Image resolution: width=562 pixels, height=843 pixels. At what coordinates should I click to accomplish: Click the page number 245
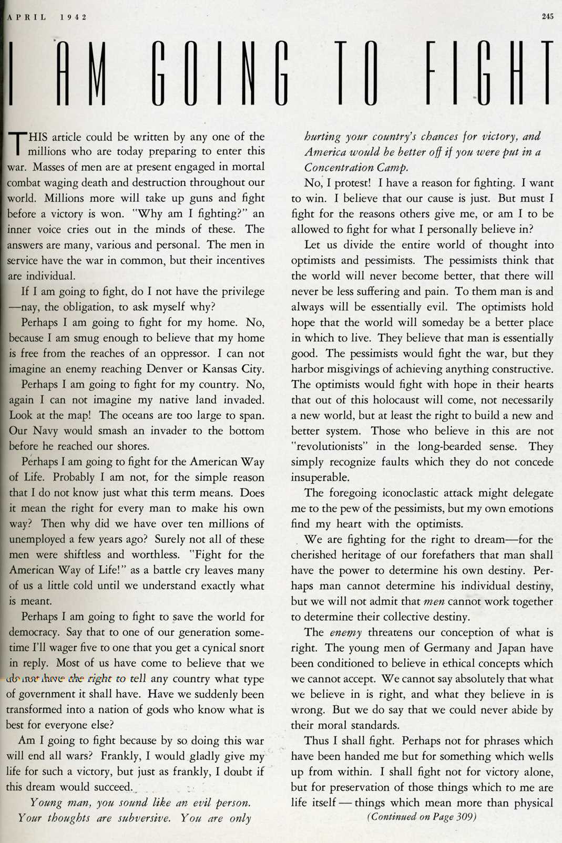[x=547, y=16]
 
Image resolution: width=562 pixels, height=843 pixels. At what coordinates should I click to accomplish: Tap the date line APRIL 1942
[x=47, y=17]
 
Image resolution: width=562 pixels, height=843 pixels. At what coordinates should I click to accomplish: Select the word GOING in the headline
[x=220, y=73]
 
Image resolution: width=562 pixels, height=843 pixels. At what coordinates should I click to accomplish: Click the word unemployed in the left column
[x=39, y=539]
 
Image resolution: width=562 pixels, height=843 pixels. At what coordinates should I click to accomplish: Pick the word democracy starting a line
[x=35, y=632]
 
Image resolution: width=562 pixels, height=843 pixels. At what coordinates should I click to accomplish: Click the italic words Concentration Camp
[x=356, y=168]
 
